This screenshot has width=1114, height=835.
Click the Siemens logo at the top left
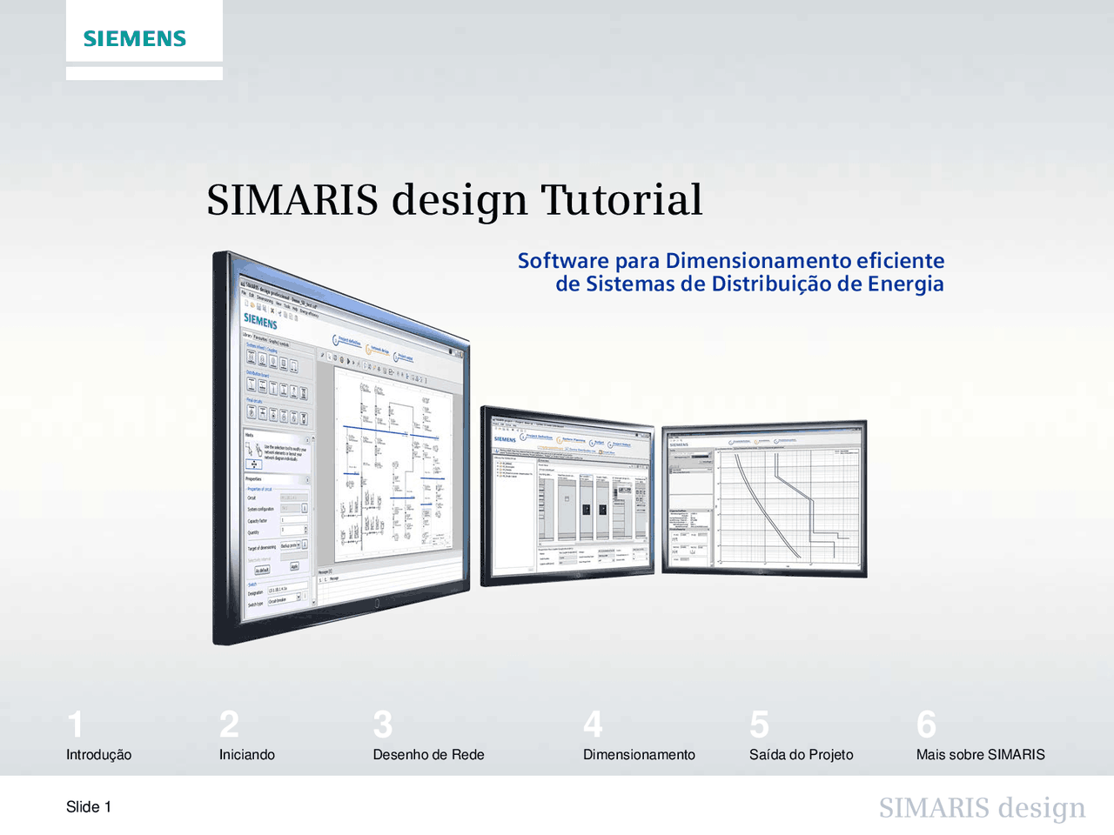pos(135,38)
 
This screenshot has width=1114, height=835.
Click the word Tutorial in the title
pos(621,199)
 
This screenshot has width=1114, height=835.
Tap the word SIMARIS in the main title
pos(292,199)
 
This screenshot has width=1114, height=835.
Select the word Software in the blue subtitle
pos(563,261)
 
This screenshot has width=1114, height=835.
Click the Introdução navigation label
pos(98,755)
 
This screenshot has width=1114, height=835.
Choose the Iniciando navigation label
pos(246,755)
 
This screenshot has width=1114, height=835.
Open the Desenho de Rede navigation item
pos(428,755)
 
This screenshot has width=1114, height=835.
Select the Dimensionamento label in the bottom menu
pos(639,755)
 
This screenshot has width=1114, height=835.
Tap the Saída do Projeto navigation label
pos(801,755)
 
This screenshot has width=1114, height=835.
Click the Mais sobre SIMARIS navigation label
pos(980,755)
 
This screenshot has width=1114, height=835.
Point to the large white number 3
pos(382,725)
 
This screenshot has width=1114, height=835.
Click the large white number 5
pos(759,725)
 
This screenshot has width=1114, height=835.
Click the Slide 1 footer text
pos(89,807)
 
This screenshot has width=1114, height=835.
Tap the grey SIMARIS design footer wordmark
pos(982,808)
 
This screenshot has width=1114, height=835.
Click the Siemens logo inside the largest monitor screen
pos(259,320)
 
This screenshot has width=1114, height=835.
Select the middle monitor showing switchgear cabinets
pos(567,494)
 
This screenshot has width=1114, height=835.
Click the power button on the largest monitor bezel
pos(377,603)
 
